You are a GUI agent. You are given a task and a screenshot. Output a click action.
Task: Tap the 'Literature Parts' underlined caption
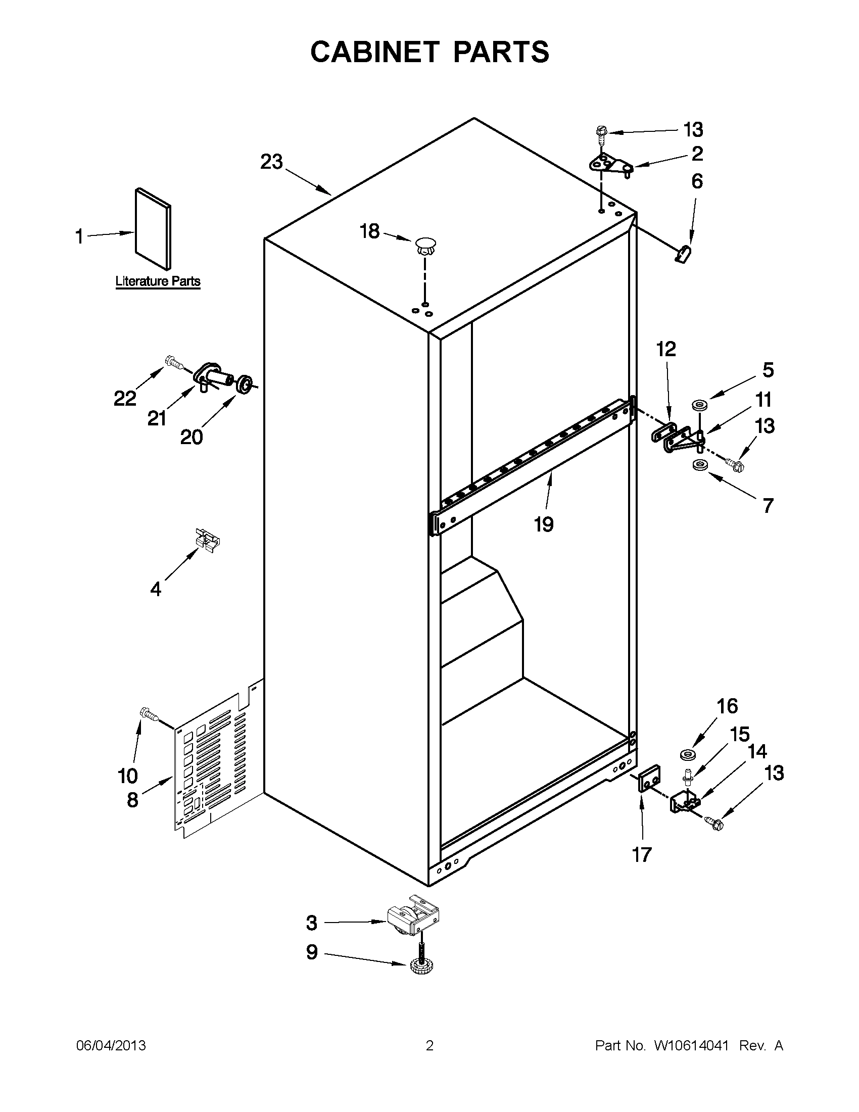click(158, 281)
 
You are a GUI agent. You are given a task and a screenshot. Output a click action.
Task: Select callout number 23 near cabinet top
click(271, 162)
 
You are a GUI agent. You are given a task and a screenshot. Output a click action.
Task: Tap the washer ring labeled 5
click(700, 406)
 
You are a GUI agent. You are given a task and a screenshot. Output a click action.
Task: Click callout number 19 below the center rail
click(543, 524)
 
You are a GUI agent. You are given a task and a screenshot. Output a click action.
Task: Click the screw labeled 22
click(175, 363)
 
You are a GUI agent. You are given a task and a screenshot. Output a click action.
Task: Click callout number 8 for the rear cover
click(132, 799)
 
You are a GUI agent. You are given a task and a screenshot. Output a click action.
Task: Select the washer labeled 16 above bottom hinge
click(688, 754)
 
